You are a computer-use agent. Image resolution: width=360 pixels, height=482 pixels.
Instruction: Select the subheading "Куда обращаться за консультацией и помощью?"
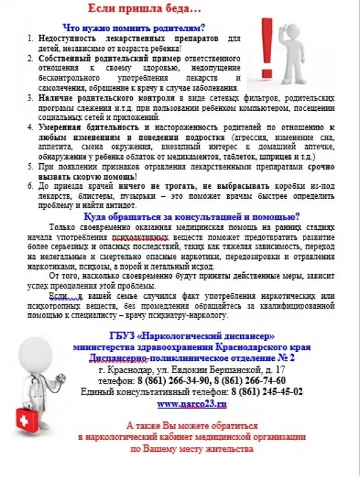click(187, 214)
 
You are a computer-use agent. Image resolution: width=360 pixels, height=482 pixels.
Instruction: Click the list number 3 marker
click(30, 97)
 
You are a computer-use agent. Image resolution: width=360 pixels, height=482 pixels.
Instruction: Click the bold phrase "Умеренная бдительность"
click(74, 127)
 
